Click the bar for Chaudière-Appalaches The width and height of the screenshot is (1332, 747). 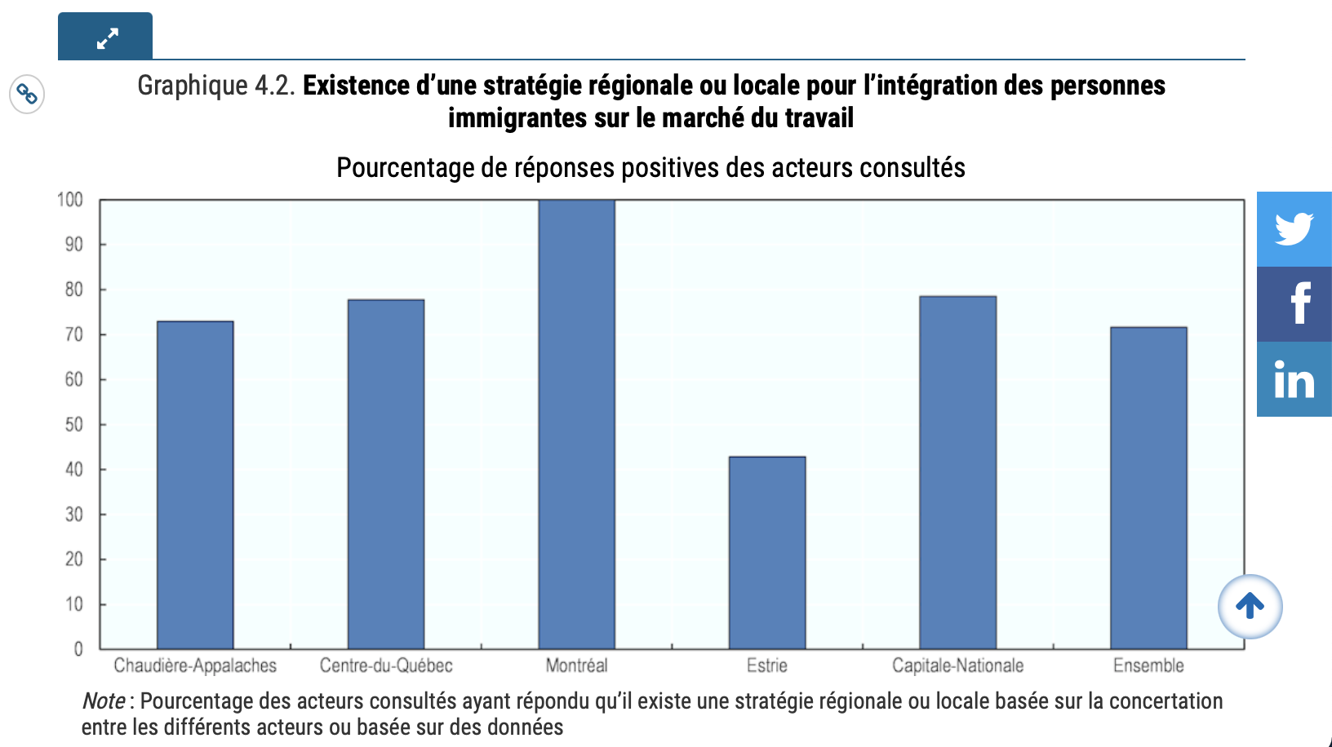[195, 485]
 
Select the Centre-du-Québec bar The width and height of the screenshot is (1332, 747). [386, 474]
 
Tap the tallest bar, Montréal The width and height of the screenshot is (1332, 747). [576, 424]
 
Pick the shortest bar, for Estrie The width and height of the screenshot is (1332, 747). [767, 552]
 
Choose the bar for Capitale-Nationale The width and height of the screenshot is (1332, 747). [957, 472]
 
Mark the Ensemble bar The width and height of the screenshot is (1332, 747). [1148, 488]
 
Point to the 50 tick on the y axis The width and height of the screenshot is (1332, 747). [73, 425]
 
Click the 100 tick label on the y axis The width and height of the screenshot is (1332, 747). [70, 200]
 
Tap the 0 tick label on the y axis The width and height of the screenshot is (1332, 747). [78, 649]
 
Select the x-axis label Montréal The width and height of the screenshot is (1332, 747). [576, 665]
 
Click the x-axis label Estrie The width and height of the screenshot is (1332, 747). [767, 665]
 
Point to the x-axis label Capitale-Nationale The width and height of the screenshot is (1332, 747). [957, 665]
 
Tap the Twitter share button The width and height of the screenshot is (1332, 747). [1294, 229]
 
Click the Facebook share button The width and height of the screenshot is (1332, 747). [1294, 304]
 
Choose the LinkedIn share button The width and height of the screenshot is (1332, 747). [1294, 379]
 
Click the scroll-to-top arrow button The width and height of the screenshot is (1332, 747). [1250, 606]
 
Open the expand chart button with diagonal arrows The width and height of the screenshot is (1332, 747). [105, 37]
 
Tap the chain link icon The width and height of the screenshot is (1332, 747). [27, 95]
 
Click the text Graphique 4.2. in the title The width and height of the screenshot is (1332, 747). [216, 86]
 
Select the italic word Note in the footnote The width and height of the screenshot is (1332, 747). [104, 701]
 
